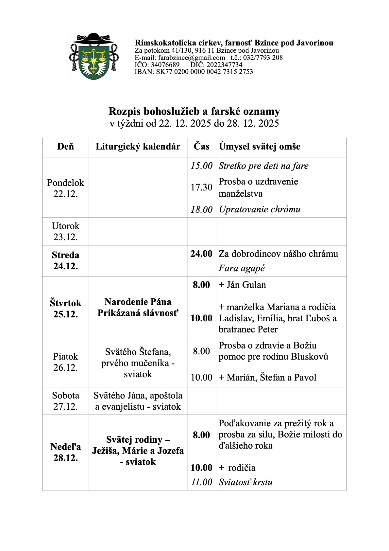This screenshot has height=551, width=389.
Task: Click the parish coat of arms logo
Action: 93,57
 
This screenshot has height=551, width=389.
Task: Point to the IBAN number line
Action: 194,72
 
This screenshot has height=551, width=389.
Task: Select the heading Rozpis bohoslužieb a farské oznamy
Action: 194,112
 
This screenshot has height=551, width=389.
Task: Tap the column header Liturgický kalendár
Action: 138,147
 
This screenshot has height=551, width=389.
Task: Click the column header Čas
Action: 201,146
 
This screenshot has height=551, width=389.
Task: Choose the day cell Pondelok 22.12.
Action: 66,188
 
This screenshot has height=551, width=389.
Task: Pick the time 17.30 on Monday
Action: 201,187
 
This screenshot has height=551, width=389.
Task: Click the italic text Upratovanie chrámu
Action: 260,209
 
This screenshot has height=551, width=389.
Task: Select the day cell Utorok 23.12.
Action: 66,231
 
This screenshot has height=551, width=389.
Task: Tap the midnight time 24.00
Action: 201,254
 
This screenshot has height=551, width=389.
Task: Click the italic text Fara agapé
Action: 242,268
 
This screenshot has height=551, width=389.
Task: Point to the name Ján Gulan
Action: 246,285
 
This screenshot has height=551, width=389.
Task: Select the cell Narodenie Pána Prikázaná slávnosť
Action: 138,307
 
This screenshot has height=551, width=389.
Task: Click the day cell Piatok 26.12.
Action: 66,362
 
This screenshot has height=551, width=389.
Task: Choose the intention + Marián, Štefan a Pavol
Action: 267,378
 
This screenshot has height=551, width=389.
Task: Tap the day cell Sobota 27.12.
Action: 66,401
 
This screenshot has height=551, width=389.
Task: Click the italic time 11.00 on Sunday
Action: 201,482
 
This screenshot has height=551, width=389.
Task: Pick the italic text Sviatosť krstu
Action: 245,482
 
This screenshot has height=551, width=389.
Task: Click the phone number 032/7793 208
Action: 263,58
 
